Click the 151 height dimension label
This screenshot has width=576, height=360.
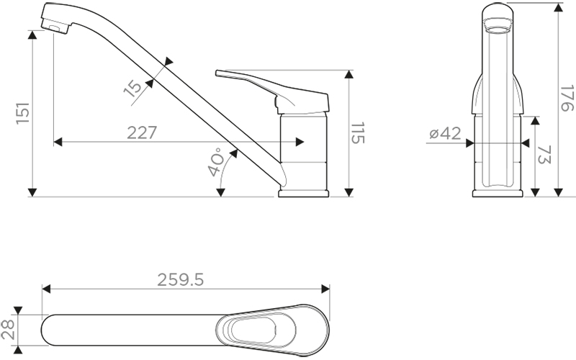[x=23, y=113]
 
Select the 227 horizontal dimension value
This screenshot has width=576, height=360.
[x=142, y=132]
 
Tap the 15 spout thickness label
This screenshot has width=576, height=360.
[x=132, y=88]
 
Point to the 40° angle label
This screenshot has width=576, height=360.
[x=215, y=162]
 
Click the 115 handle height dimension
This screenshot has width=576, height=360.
[x=357, y=133]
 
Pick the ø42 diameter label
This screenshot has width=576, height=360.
[x=445, y=133]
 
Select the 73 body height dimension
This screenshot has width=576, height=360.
[x=545, y=155]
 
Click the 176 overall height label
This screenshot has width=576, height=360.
[x=567, y=98]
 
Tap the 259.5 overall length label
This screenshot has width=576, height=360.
[x=181, y=280]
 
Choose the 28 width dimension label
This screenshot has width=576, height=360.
[x=8, y=329]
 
